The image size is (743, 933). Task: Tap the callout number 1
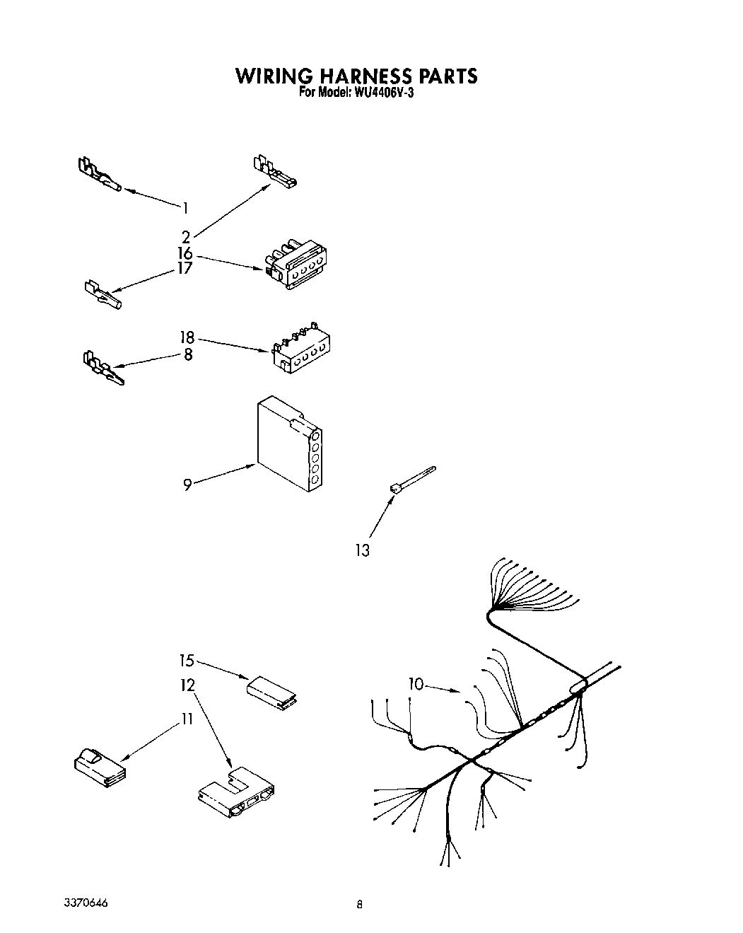[x=185, y=208]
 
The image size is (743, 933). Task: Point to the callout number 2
[x=185, y=236]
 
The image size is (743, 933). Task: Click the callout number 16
[x=185, y=253]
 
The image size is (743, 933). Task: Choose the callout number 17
[x=185, y=269]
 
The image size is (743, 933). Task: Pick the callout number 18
[x=187, y=338]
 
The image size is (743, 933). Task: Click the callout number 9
[x=187, y=485]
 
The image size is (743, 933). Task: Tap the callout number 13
[x=362, y=550]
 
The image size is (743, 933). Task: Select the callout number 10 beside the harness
[x=416, y=683]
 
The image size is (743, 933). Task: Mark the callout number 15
[x=187, y=661]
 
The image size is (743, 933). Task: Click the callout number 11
[x=187, y=719]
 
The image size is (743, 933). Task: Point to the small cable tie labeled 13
[x=412, y=478]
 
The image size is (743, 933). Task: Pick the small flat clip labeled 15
[x=271, y=691]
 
